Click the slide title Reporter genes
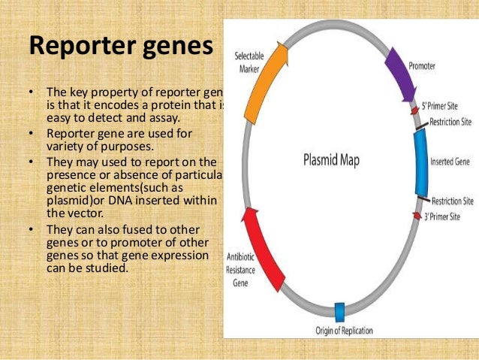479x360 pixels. click(x=122, y=46)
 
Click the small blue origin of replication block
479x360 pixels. click(x=339, y=311)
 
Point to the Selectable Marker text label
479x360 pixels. click(x=249, y=64)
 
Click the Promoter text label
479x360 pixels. click(x=422, y=66)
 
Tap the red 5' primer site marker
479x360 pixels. click(x=414, y=110)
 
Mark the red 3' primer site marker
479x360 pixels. click(x=417, y=216)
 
